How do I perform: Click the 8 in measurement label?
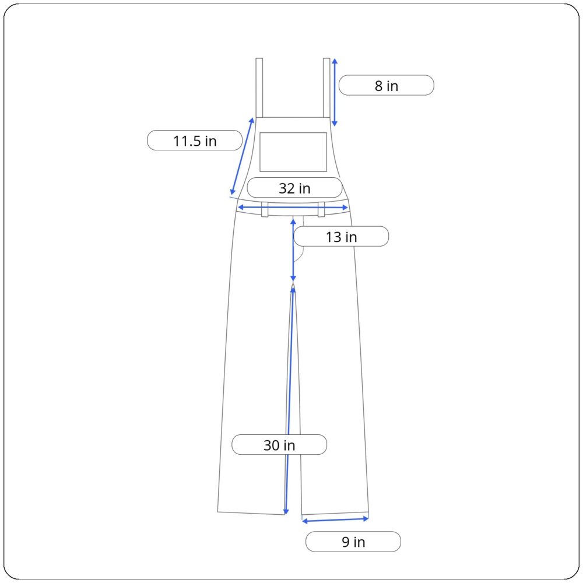[x=386, y=85]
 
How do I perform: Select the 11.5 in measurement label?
[x=195, y=141]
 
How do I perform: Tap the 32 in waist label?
[x=294, y=188]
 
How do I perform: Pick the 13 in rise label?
[x=341, y=237]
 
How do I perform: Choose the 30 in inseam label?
[x=279, y=445]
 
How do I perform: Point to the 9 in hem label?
[x=353, y=542]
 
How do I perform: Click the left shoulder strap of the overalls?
[x=259, y=88]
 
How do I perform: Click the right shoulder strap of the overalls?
[x=326, y=88]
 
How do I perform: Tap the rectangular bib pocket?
[x=293, y=152]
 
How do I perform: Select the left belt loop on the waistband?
[x=265, y=209]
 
